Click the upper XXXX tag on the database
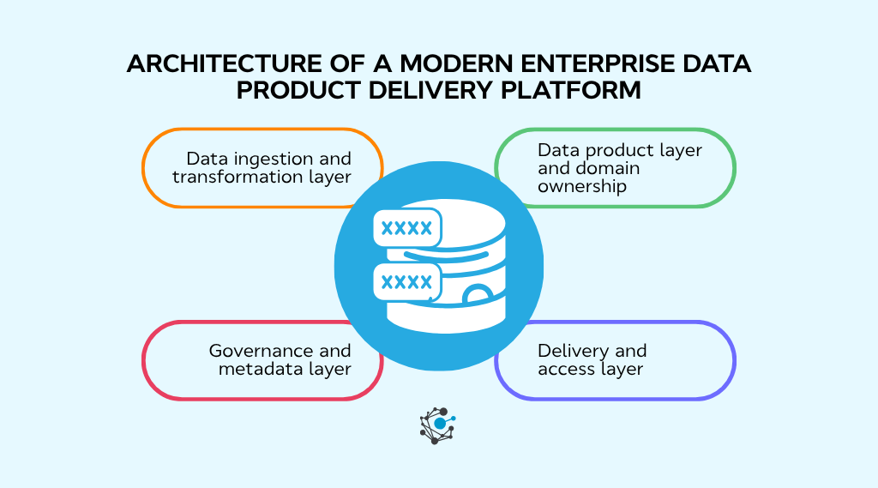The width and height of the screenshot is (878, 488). coord(406,228)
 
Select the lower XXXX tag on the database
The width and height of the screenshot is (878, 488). coord(406,280)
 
